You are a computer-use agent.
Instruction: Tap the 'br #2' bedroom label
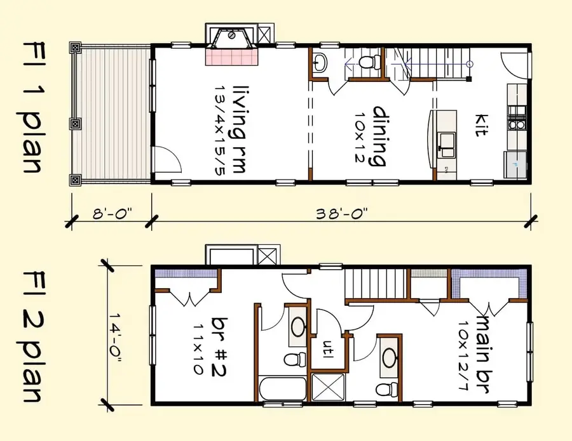coord(224,337)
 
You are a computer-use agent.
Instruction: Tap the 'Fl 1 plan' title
coord(32,108)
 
